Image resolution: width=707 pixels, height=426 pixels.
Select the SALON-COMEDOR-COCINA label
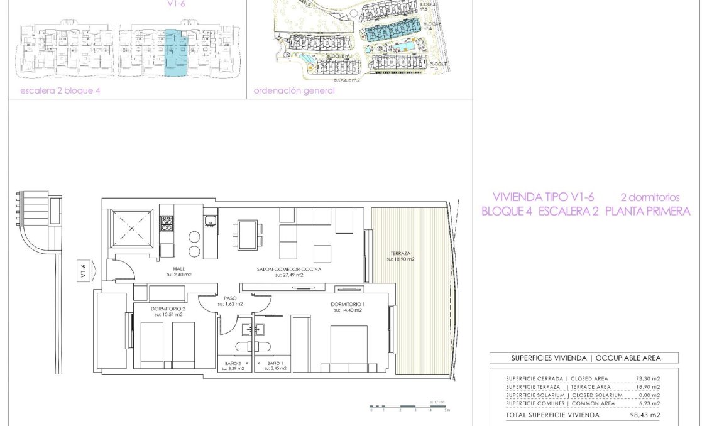[x=288, y=269]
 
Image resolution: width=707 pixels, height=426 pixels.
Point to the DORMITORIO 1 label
[x=348, y=304]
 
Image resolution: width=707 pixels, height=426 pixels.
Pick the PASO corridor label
[x=230, y=298]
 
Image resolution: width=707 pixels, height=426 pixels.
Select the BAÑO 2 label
[x=232, y=363]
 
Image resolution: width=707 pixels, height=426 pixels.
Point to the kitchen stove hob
[x=167, y=224]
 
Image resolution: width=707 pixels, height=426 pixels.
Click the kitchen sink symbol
[x=210, y=221]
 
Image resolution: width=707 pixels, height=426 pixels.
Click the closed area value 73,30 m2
[x=647, y=378]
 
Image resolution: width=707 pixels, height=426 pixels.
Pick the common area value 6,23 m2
[x=649, y=403]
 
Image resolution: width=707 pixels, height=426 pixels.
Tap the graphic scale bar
[x=408, y=407]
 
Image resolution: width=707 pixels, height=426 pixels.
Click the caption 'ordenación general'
[x=294, y=90]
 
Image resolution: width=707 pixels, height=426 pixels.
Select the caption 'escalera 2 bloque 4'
[x=60, y=90]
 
